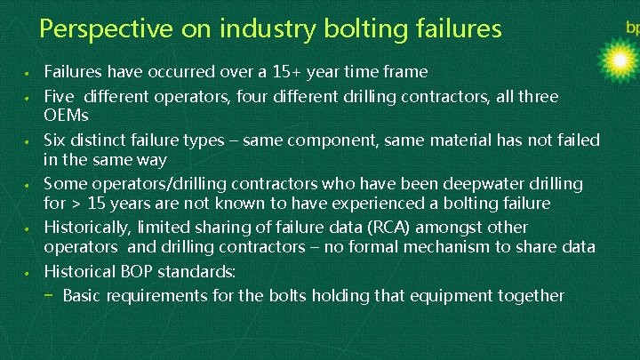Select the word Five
(x=60, y=95)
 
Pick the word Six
(x=56, y=140)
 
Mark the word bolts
(x=271, y=295)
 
